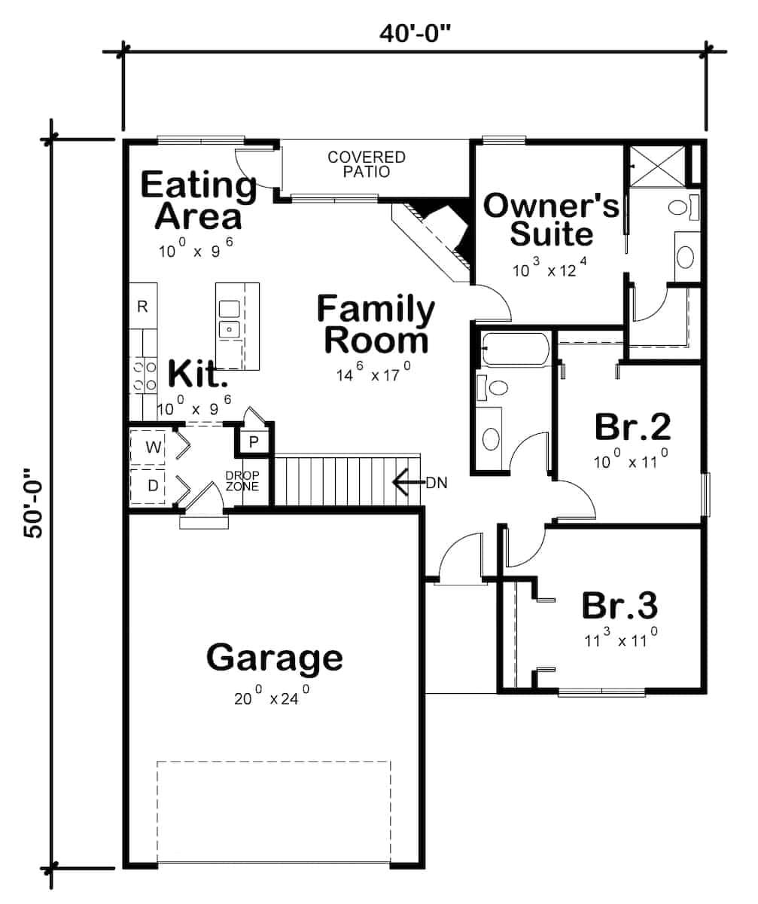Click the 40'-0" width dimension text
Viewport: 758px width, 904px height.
414,33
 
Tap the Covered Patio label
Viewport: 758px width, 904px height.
366,164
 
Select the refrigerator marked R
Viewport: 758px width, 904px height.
142,306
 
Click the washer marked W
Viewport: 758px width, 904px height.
153,447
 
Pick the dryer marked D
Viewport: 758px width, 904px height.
153,486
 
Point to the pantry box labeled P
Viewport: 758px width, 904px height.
254,442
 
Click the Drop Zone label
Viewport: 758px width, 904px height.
242,481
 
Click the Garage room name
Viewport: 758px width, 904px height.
275,657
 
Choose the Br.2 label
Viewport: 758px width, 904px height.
632,427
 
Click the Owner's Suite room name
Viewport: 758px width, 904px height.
551,219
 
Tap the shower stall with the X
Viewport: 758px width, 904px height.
656,165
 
